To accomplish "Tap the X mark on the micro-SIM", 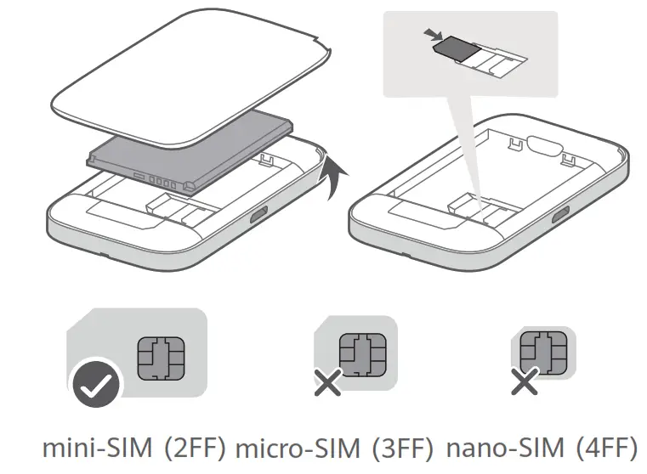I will [x=327, y=382].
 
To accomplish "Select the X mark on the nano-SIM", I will [x=524, y=382].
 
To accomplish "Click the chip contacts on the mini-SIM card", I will [x=161, y=356].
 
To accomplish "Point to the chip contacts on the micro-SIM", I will [x=363, y=353].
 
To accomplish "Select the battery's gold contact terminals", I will [x=162, y=182].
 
